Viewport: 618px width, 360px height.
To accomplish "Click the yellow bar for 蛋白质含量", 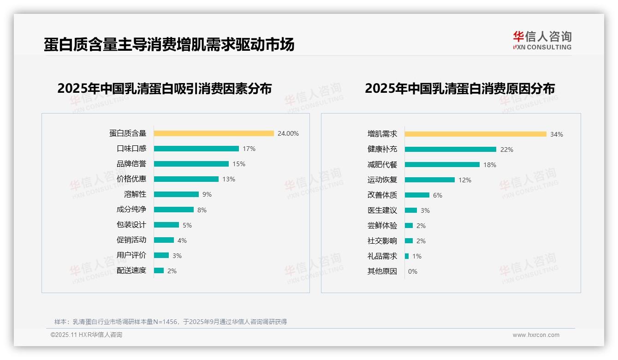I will click(x=214, y=133).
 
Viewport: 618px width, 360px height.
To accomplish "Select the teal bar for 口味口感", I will click(x=196, y=149).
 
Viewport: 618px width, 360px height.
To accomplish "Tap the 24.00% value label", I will click(x=288, y=133).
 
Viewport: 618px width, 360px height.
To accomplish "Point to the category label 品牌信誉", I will click(x=131, y=164).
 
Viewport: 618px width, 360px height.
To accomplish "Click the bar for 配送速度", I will click(x=159, y=270).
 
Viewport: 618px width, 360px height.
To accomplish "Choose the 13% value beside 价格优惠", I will click(x=228, y=179).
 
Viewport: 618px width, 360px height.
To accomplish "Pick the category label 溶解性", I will click(x=135, y=194).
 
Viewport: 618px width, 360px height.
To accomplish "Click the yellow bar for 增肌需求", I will click(x=475, y=134).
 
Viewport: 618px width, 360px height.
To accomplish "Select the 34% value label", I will click(x=556, y=134).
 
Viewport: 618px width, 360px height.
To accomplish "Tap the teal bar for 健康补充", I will click(x=450, y=150).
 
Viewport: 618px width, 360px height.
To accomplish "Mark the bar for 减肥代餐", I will click(x=442, y=165).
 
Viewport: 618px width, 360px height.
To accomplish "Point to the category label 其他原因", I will click(x=382, y=271).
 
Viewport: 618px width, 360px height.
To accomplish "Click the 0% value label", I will click(x=412, y=271).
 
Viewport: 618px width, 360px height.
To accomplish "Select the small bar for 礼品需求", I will click(x=407, y=256).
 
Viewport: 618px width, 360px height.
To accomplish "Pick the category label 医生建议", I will click(x=382, y=210).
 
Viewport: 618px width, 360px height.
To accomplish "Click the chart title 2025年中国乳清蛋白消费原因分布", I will click(x=459, y=88).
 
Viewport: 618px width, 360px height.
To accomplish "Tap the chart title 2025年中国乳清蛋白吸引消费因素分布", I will click(x=164, y=88).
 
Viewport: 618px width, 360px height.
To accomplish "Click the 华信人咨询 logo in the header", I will click(x=542, y=40).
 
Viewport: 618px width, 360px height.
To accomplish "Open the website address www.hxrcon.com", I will click(x=535, y=335).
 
